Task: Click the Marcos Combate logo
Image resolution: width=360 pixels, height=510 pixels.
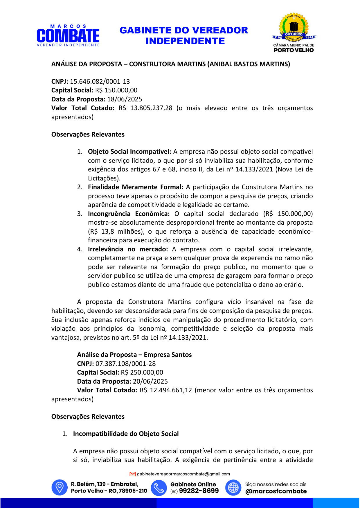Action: pos(68,36)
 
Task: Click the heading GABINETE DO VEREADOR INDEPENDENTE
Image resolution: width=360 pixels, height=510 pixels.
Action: pos(184,35)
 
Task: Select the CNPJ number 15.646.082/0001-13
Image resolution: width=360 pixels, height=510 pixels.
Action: pos(100,81)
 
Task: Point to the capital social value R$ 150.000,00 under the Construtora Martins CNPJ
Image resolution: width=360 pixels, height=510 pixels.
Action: pos(116,90)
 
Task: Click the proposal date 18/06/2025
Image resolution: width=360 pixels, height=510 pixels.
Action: pos(125,99)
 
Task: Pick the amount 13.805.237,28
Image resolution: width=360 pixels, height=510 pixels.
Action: pos(151,108)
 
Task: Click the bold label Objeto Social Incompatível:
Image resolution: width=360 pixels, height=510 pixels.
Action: pos(129,152)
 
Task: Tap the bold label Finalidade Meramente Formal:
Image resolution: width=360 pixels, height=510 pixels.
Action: pos(136,187)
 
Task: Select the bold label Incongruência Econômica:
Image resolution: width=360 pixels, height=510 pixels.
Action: pos(129,214)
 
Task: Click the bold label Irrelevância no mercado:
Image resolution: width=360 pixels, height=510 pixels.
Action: pos(128,249)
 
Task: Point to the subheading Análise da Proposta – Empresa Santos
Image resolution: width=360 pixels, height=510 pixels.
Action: pos(134,355)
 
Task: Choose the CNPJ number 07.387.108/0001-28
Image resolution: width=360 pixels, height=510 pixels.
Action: pos(126,364)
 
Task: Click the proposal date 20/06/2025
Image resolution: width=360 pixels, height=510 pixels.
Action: pos(150,382)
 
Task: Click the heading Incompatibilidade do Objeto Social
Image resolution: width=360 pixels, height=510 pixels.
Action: pos(126,434)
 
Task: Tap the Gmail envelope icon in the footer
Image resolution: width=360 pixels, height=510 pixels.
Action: pos(133,474)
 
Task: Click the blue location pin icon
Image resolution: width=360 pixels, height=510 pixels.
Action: pos(60,487)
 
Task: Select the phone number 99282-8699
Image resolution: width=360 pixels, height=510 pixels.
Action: pos(199,491)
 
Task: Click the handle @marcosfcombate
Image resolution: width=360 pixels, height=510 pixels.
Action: pos(276,491)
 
